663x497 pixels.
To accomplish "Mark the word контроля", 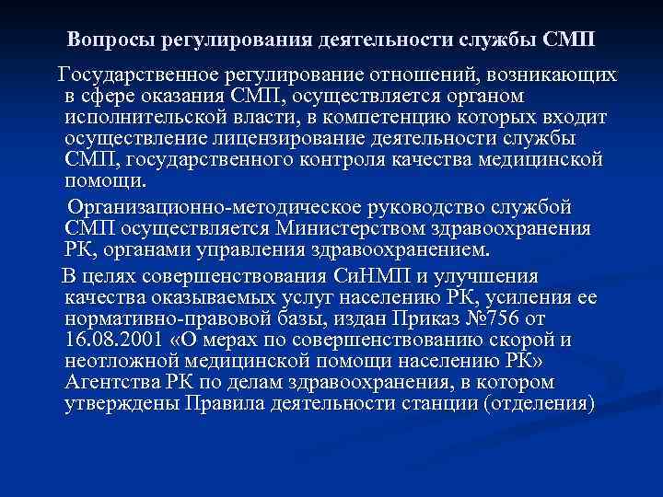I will [409, 159].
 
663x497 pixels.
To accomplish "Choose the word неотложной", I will [145, 361].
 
